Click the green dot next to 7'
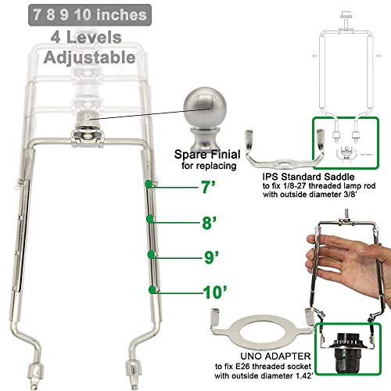pos(148,185)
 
